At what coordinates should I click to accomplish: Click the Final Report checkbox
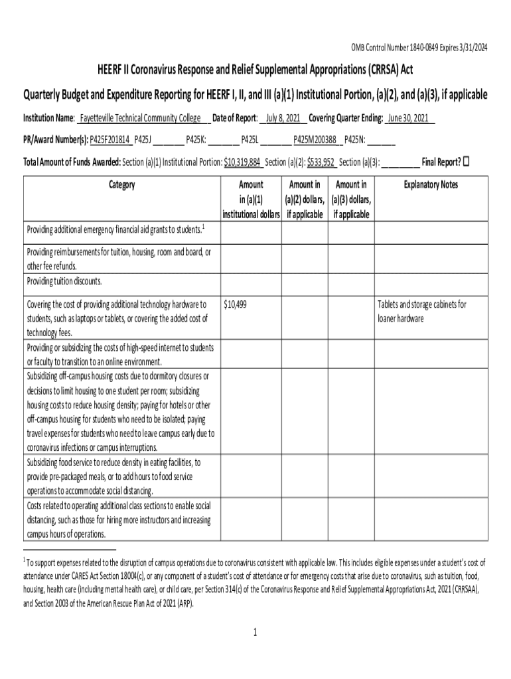[466, 162]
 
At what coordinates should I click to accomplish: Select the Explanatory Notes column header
[431, 185]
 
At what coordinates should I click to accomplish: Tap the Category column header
[121, 185]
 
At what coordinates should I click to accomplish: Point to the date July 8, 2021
[283, 119]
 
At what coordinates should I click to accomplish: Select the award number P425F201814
[110, 140]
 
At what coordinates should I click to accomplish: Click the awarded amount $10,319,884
[242, 162]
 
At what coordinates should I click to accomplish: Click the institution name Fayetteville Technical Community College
[139, 119]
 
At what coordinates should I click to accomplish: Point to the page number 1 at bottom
[254, 633]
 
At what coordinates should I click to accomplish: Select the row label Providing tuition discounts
[64, 281]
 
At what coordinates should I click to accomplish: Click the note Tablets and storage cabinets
[422, 304]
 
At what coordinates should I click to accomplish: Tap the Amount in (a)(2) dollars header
[305, 200]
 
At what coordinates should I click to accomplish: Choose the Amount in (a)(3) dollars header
[352, 200]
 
